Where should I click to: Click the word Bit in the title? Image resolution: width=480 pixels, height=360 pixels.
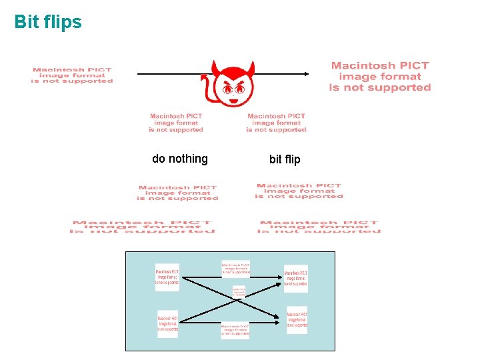click(27, 22)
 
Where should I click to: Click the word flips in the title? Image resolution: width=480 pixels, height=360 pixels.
click(63, 22)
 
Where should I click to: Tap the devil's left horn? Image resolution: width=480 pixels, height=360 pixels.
click(215, 67)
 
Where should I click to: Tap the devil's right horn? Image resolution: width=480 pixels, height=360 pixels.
click(252, 67)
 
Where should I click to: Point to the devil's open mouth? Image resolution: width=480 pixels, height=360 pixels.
click(233, 100)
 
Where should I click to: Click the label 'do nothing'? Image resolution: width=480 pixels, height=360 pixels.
click(180, 159)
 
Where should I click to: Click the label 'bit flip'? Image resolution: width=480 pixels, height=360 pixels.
click(285, 159)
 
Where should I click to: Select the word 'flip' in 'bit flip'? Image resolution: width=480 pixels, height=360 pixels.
click(293, 159)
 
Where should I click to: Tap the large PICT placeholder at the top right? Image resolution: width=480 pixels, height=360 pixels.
click(381, 77)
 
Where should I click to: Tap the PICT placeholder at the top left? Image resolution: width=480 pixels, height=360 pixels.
click(72, 75)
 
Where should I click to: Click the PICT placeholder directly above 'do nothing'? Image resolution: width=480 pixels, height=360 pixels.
click(176, 123)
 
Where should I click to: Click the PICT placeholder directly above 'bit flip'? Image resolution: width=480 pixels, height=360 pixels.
click(276, 123)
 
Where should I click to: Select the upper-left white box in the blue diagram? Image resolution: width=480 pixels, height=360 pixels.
click(167, 277)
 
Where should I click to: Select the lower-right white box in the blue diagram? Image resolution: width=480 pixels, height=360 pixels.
click(297, 320)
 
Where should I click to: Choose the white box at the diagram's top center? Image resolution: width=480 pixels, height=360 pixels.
click(236, 269)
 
